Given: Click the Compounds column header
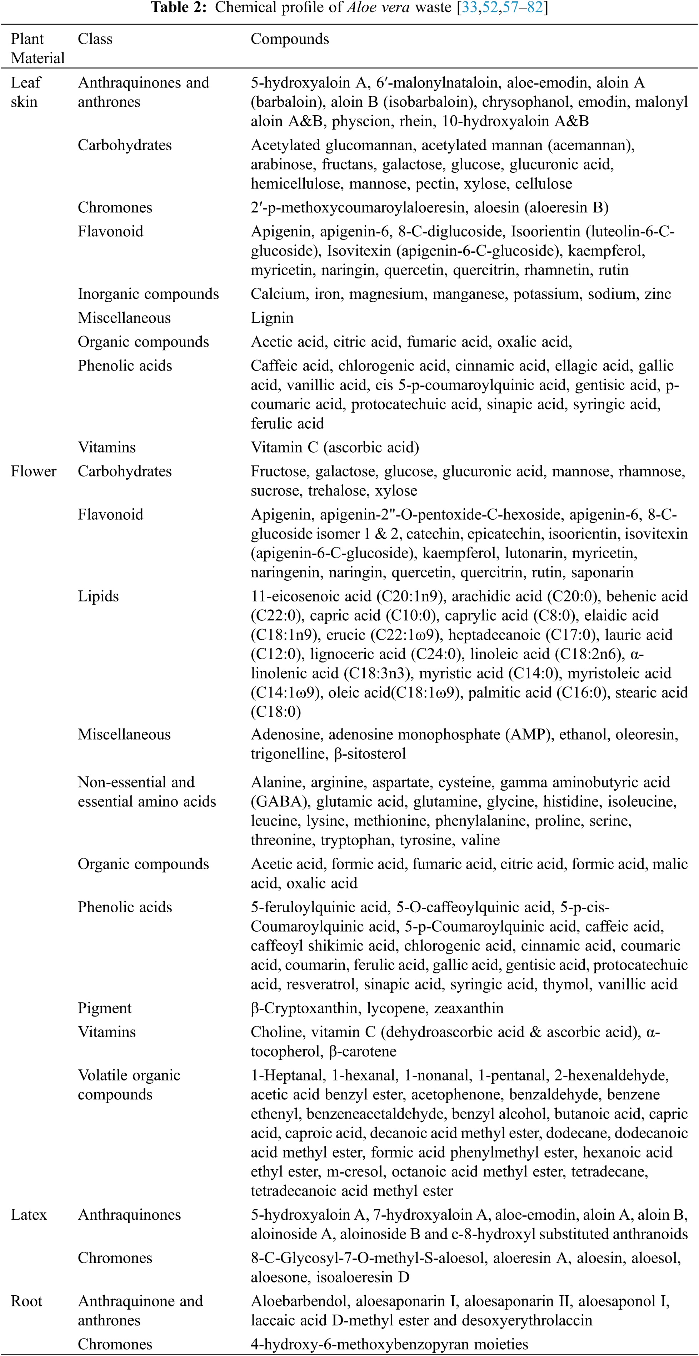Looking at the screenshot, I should pos(290,39).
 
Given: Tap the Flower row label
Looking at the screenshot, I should pos(33,471).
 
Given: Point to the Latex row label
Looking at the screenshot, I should pos(29,1215).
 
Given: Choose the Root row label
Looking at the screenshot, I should pos(26,1301).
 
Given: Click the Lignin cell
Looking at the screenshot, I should pos(272,318).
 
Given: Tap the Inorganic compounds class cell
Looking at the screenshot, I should pos(148,294).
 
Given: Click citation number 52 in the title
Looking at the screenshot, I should pos(490,8).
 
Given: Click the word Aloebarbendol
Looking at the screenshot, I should pos(299,1301).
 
